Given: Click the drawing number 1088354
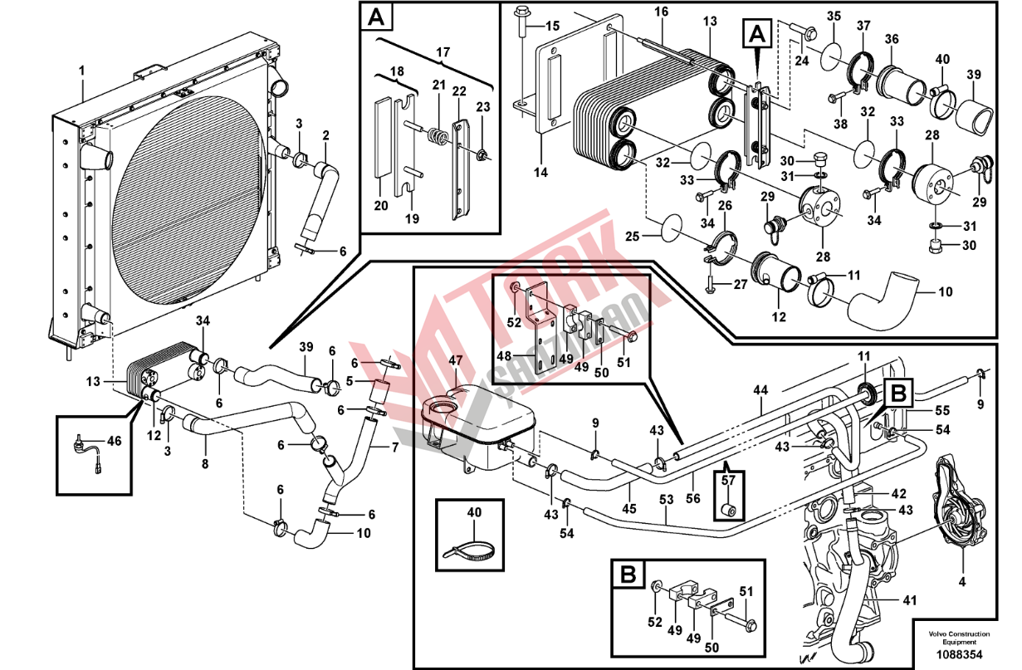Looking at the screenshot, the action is [x=960, y=655].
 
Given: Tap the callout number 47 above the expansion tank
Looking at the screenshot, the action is [x=455, y=360].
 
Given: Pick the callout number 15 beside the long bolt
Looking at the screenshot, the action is [x=552, y=26].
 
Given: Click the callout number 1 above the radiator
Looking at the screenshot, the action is [x=81, y=71].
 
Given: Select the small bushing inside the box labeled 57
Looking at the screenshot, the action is [x=728, y=509].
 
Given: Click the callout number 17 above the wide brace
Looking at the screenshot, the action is [x=443, y=52].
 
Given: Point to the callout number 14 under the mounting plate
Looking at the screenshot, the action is [x=540, y=172].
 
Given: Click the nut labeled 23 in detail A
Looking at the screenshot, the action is [x=480, y=154].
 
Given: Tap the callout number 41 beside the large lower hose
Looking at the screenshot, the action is [x=910, y=600].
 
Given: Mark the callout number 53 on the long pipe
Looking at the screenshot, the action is [x=666, y=500].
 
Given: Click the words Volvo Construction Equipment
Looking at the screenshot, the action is [x=959, y=638].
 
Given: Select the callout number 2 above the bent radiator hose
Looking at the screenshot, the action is [x=325, y=135].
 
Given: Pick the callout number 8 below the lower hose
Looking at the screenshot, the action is [x=205, y=464].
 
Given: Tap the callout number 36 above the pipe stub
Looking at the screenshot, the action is [x=892, y=39].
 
